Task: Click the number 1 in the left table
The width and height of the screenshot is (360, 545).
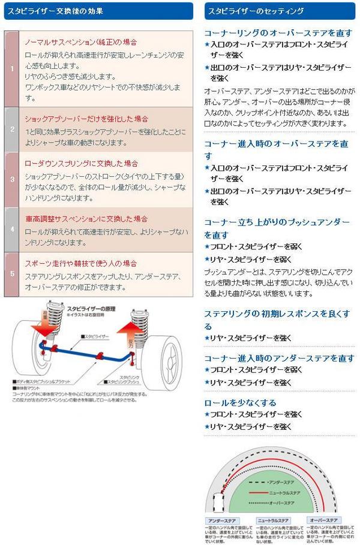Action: [11, 69]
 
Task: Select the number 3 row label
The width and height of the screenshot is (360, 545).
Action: [11, 179]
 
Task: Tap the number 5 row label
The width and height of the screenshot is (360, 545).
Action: [11, 274]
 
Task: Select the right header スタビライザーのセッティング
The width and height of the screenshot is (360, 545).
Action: [254, 11]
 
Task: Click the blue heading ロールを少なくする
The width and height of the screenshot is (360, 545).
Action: [240, 402]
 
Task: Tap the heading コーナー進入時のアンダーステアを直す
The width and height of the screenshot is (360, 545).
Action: [279, 358]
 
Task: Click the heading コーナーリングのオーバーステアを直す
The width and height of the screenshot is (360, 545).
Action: [278, 32]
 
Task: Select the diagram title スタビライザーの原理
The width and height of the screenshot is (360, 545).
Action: [91, 308]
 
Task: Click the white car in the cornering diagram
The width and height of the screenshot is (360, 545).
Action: [217, 501]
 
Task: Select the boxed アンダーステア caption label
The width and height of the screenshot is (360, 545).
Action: [222, 520]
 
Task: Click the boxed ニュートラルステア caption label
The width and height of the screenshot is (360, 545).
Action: [274, 520]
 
